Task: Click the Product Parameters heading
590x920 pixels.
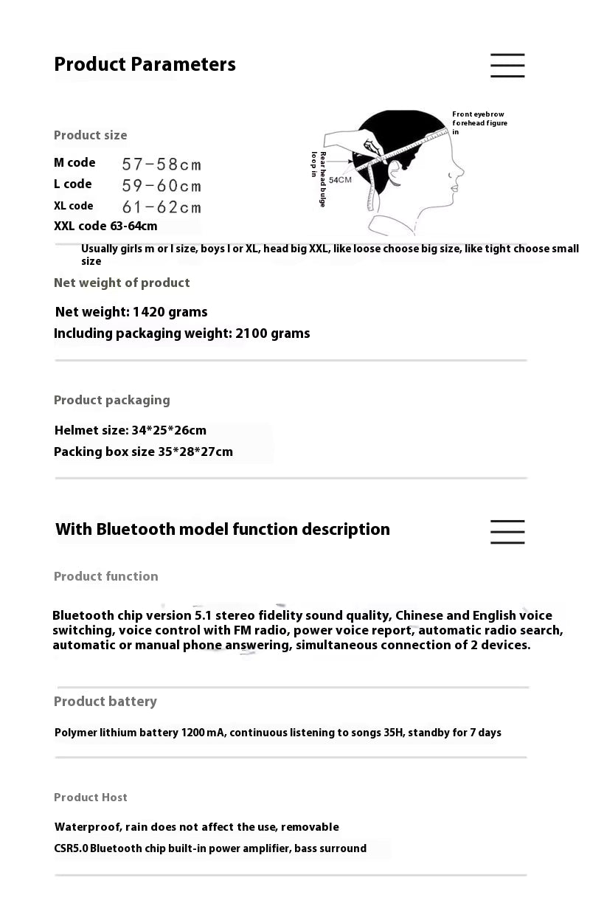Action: pyautogui.click(x=145, y=64)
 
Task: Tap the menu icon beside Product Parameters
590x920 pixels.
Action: pyautogui.click(x=507, y=66)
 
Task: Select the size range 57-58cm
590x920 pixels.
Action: pyautogui.click(x=162, y=164)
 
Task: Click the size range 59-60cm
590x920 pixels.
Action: pyautogui.click(x=162, y=185)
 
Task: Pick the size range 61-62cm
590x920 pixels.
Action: pyautogui.click(x=162, y=207)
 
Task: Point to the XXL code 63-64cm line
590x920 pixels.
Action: pyautogui.click(x=105, y=226)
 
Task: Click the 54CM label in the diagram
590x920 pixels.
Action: pyautogui.click(x=340, y=180)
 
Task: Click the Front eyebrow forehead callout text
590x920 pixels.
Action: pyautogui.click(x=479, y=122)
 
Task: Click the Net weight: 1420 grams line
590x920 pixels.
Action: pyautogui.click(x=131, y=312)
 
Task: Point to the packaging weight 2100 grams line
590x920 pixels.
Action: pyautogui.click(x=181, y=333)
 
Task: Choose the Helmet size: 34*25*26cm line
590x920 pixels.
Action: pyautogui.click(x=131, y=430)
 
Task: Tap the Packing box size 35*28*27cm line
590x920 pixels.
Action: pyautogui.click(x=143, y=452)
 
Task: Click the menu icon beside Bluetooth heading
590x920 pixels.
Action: pyautogui.click(x=507, y=532)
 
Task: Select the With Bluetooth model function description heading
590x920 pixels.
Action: pyautogui.click(x=222, y=529)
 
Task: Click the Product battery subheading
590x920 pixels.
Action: pyautogui.click(x=105, y=702)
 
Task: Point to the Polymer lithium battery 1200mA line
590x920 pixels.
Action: pyautogui.click(x=277, y=733)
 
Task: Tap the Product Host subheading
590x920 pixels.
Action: pyautogui.click(x=91, y=798)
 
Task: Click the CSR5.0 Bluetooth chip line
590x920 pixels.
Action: pyautogui.click(x=210, y=848)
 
